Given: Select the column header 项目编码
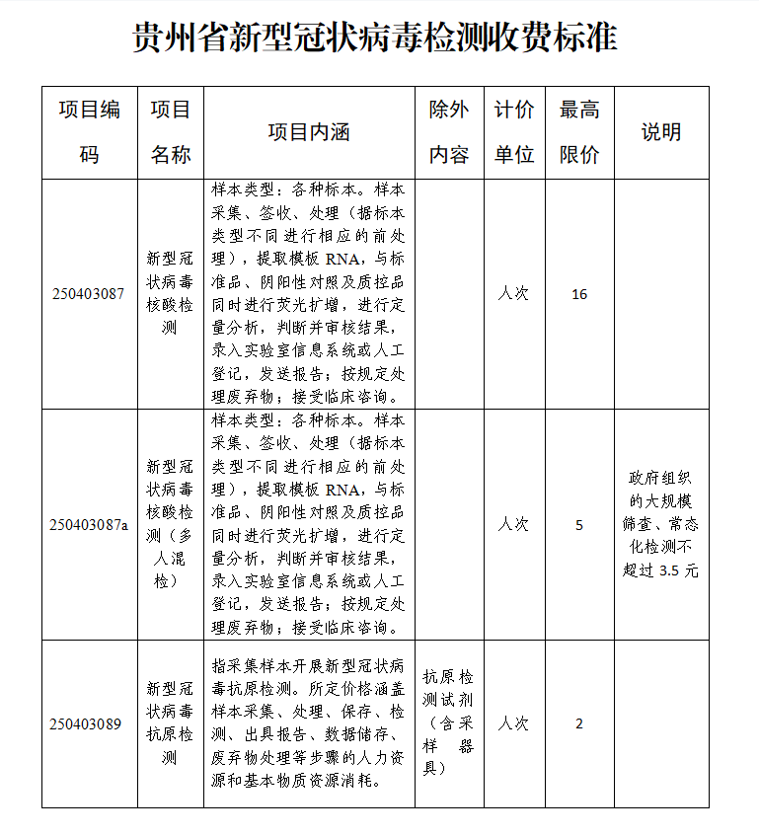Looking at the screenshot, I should click(x=89, y=132).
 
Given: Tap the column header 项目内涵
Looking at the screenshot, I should click(x=309, y=132).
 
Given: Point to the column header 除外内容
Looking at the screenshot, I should click(x=449, y=132).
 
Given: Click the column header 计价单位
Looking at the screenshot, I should click(x=513, y=132).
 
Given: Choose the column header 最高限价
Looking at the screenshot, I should click(x=579, y=132).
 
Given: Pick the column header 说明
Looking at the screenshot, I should click(x=661, y=132).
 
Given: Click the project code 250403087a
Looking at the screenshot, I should click(x=89, y=525).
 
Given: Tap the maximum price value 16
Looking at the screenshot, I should click(x=579, y=294).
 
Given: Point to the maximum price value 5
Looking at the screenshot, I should click(x=579, y=525).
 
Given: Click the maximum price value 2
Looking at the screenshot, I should click(x=579, y=723).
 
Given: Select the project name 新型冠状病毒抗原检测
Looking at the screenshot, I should click(x=170, y=723).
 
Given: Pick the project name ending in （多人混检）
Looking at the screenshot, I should click(x=170, y=525).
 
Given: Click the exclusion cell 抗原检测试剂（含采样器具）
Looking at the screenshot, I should click(x=449, y=723).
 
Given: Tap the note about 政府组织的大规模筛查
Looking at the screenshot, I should click(x=661, y=524).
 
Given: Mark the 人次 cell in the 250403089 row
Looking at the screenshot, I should click(x=513, y=723).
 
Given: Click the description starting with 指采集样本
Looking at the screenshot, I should click(x=309, y=723).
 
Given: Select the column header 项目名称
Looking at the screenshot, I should click(x=170, y=132).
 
